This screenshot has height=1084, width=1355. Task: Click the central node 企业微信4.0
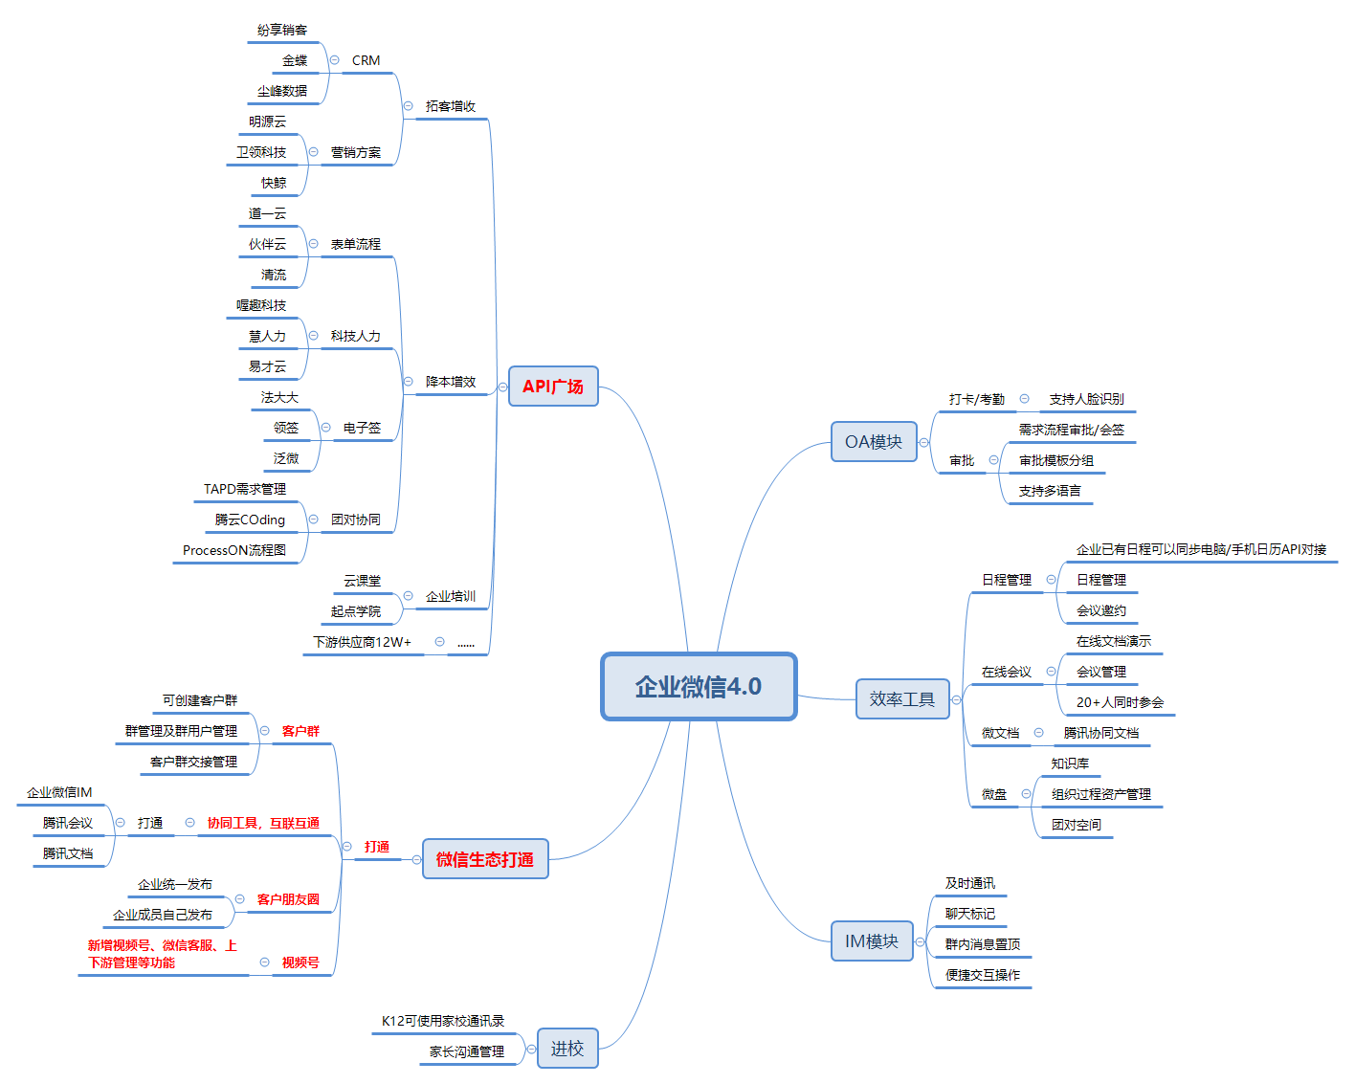(699, 686)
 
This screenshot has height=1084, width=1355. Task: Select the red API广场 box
(553, 387)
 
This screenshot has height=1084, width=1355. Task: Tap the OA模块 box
(873, 442)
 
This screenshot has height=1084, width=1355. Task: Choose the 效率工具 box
(901, 699)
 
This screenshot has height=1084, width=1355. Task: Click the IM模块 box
(871, 941)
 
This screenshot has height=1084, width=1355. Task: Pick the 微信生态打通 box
(485, 859)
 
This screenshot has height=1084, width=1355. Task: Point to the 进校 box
(566, 1049)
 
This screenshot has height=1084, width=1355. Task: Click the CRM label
(366, 60)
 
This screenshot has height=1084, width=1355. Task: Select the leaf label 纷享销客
(282, 30)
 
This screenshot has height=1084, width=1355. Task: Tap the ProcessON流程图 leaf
(234, 550)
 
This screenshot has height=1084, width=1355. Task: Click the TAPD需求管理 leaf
(245, 489)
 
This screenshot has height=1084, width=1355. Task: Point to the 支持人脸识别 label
(1086, 399)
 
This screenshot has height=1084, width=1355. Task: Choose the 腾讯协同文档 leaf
(1101, 733)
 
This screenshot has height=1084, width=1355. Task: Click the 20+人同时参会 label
(1120, 702)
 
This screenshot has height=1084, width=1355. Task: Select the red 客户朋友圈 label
(288, 899)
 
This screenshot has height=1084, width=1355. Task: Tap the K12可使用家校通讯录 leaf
(443, 1021)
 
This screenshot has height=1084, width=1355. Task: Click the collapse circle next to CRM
(334, 60)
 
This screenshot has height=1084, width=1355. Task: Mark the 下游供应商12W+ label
(363, 642)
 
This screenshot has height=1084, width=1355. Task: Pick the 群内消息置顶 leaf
(983, 944)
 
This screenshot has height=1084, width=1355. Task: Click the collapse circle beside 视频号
(264, 962)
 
